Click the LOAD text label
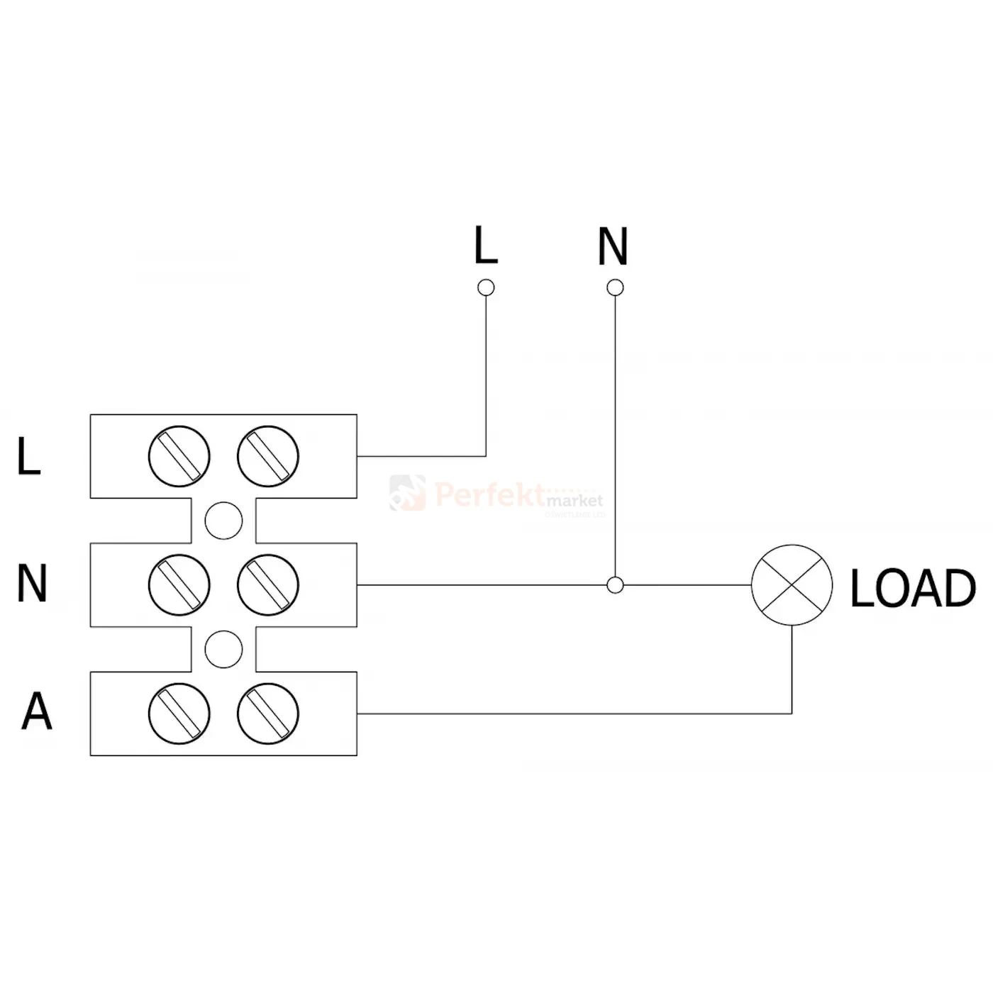pyautogui.click(x=912, y=588)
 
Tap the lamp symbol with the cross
pyautogui.click(x=792, y=585)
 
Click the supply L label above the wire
pyautogui.click(x=486, y=245)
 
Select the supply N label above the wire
pyautogui.click(x=613, y=246)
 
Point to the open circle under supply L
pyautogui.click(x=486, y=287)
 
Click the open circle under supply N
pyautogui.click(x=616, y=287)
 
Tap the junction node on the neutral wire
pyautogui.click(x=616, y=585)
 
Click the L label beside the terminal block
pyautogui.click(x=29, y=456)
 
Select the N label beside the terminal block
pyautogui.click(x=32, y=584)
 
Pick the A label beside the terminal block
pyautogui.click(x=36, y=711)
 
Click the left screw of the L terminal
pyautogui.click(x=179, y=456)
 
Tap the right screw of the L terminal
pyautogui.click(x=268, y=456)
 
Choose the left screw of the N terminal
pyautogui.click(x=179, y=585)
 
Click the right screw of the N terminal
pyautogui.click(x=268, y=585)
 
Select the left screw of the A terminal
pyautogui.click(x=179, y=714)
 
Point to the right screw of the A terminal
pyautogui.click(x=268, y=714)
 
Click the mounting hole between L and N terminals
pyautogui.click(x=223, y=521)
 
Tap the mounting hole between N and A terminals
pyautogui.click(x=223, y=649)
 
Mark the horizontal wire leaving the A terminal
pyautogui.click(x=567, y=714)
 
